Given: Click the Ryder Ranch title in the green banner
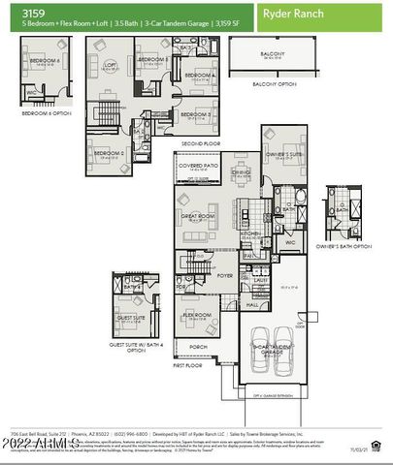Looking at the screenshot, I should click(295, 15).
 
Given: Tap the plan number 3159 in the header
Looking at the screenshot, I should click(18, 13).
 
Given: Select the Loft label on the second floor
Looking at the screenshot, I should click(110, 65).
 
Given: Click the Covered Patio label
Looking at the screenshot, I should click(198, 166).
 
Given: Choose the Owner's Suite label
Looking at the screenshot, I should click(283, 152).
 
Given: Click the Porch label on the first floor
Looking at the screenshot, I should click(198, 346).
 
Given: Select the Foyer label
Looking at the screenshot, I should click(225, 275).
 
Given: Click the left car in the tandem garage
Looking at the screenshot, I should click(256, 362).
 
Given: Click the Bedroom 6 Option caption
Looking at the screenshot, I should click(48, 113).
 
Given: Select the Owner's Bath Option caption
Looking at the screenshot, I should click(344, 246).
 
